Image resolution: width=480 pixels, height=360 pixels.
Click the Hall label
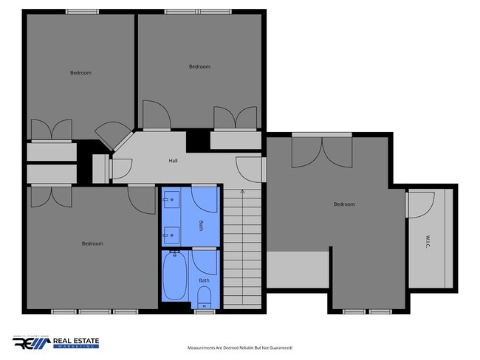pos(173,161)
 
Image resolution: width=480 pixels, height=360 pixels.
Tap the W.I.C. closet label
pos(428,240)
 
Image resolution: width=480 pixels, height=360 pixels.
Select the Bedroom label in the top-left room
pos(80,72)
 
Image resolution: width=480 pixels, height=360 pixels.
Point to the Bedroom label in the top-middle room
pos(199,66)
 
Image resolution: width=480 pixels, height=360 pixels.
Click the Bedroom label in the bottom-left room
pos(92,243)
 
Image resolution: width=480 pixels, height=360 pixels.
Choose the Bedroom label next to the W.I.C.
pos(343,204)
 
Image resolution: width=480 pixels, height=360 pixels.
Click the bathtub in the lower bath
pos(176,277)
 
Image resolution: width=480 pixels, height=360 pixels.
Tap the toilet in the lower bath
pos(205,297)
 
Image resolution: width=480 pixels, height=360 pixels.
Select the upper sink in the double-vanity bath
pos(171,200)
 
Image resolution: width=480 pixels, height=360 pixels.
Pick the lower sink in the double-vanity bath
pos(171,235)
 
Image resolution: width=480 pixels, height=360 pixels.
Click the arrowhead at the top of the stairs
pos(242,191)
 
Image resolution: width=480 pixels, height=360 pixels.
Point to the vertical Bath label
pos(201,226)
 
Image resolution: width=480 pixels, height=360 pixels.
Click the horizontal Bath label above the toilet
pos(204,280)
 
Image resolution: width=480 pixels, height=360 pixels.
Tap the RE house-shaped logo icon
pos(30,343)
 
